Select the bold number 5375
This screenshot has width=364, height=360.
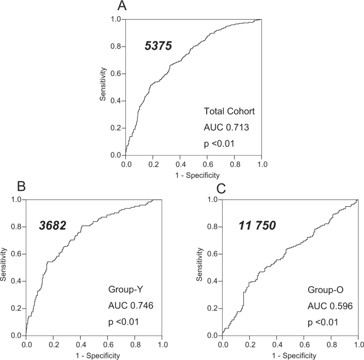click(x=158, y=46)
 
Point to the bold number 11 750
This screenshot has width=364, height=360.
click(x=257, y=227)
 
